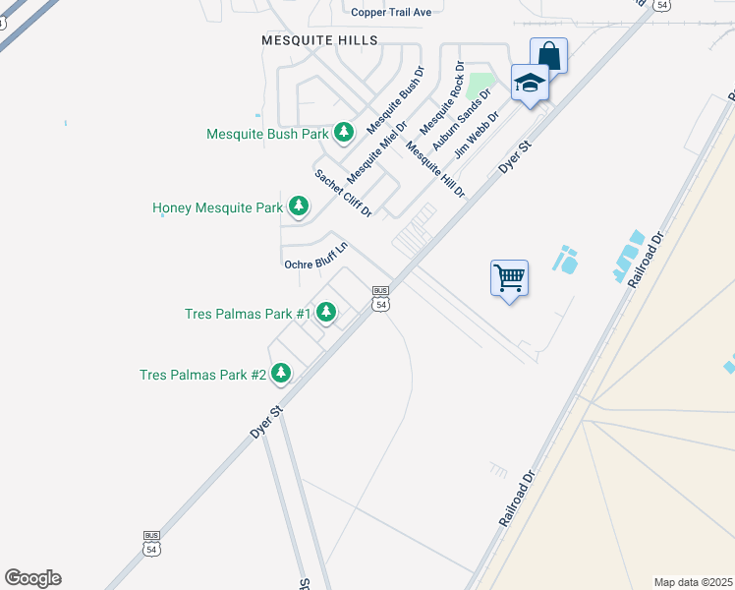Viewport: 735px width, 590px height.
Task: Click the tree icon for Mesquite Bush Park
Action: (x=343, y=132)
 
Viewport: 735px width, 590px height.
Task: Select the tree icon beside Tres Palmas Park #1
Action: (x=326, y=313)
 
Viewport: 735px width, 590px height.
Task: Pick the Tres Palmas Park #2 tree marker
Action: (x=282, y=373)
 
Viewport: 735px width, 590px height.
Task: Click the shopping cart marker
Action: (x=509, y=278)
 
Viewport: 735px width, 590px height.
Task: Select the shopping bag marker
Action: (x=548, y=56)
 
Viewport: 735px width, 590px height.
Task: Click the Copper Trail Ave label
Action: (x=391, y=12)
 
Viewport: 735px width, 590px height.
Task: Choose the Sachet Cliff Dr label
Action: (x=343, y=193)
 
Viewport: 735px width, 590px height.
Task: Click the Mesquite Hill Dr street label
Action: (x=434, y=171)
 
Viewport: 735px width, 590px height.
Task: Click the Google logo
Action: (x=32, y=578)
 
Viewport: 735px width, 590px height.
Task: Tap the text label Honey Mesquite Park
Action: (x=217, y=208)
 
